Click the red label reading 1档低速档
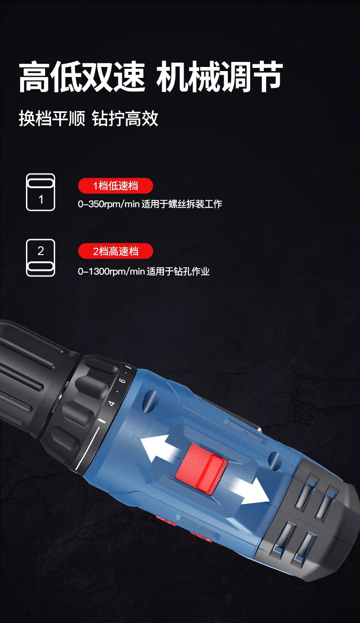pyautogui.click(x=115, y=185)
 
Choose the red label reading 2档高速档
pyautogui.click(x=115, y=251)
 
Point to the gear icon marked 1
pyautogui.click(x=41, y=192)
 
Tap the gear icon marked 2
pyautogui.click(x=41, y=258)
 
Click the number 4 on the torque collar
pyautogui.click(x=112, y=403)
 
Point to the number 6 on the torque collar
pyautogui.click(x=123, y=380)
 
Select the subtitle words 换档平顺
pyautogui.click(x=52, y=118)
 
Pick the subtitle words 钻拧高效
pyautogui.click(x=125, y=118)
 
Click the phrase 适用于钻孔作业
pyautogui.click(x=178, y=271)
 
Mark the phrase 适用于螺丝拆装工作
pyautogui.click(x=182, y=204)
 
